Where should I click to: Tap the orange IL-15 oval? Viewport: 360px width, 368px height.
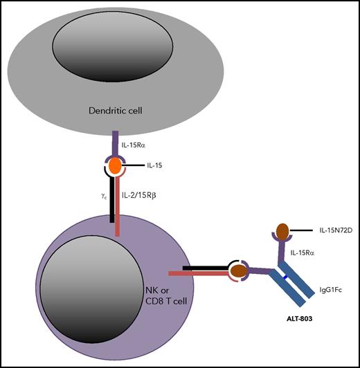[116, 167]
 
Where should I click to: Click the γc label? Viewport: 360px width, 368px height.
[101, 196]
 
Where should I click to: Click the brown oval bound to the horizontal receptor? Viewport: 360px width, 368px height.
[240, 270]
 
